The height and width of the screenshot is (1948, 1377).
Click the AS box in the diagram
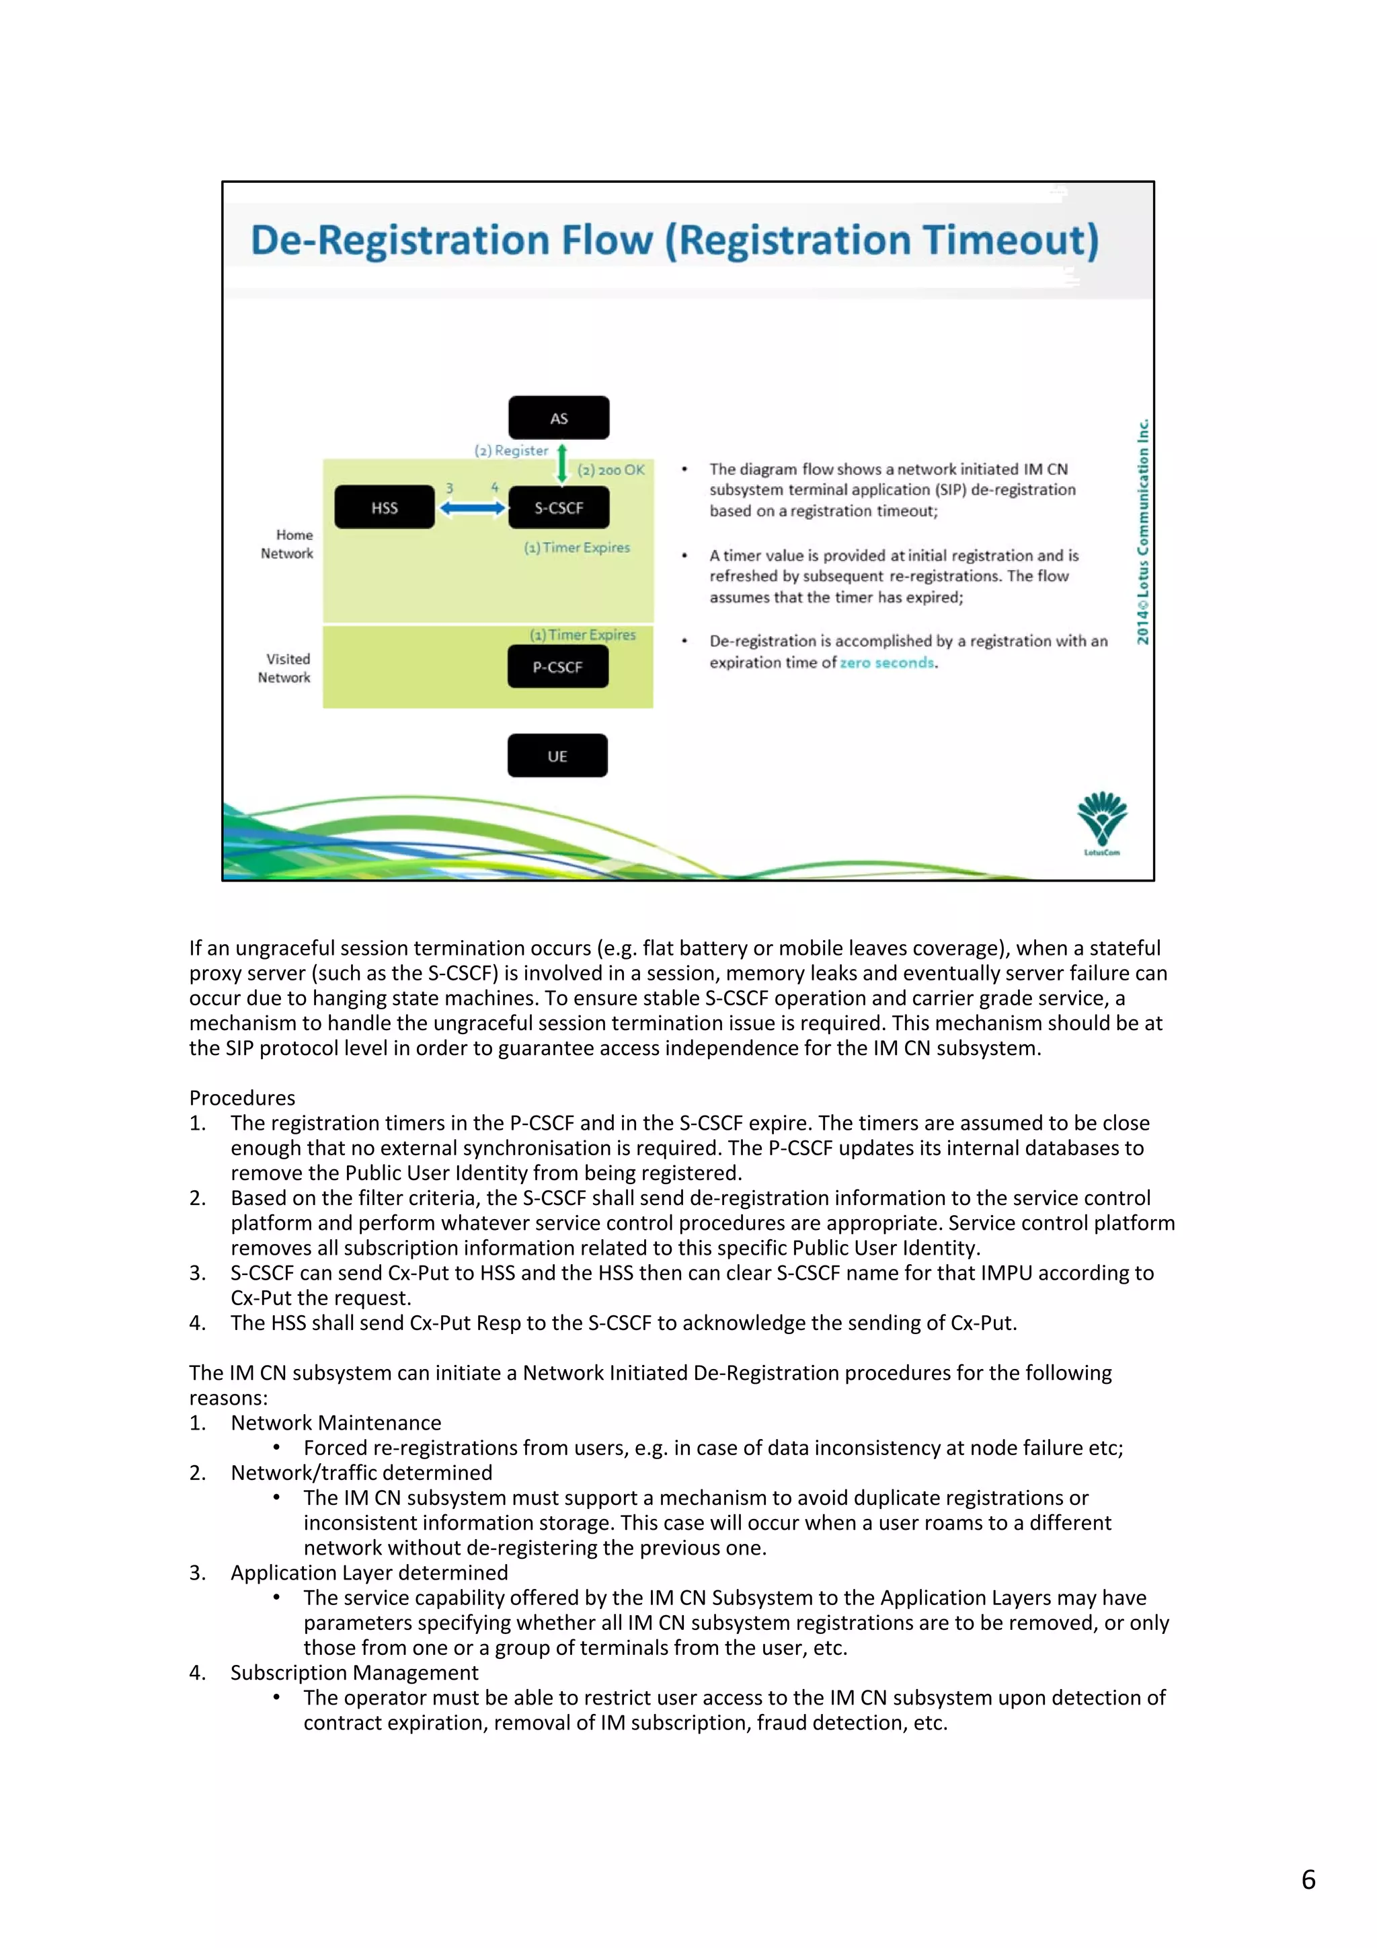click(x=558, y=418)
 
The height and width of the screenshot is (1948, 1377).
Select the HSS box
click(x=385, y=508)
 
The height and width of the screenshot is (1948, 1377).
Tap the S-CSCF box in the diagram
click(x=558, y=508)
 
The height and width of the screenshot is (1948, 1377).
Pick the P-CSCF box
click(x=557, y=667)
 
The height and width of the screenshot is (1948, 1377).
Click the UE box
click(x=557, y=755)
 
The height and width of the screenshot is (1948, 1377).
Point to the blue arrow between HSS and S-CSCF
click(x=472, y=508)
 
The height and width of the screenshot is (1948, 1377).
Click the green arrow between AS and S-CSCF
click(x=561, y=464)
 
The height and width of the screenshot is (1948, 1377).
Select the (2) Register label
click(x=511, y=451)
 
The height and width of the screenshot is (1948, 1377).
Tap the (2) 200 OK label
click(x=611, y=470)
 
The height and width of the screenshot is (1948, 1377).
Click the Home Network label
click(x=288, y=544)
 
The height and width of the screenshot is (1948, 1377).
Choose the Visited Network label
click(x=285, y=668)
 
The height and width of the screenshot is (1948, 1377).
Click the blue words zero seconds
click(x=887, y=662)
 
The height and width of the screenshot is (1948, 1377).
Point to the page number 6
click(x=1308, y=1879)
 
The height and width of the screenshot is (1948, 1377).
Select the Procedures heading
click(x=243, y=1098)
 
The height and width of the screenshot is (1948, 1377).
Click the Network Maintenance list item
click(x=336, y=1423)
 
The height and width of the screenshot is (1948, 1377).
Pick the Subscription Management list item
click(x=354, y=1672)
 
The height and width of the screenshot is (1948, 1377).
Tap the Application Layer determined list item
click(x=369, y=1572)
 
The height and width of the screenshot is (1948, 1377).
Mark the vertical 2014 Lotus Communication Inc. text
click(x=1143, y=531)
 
